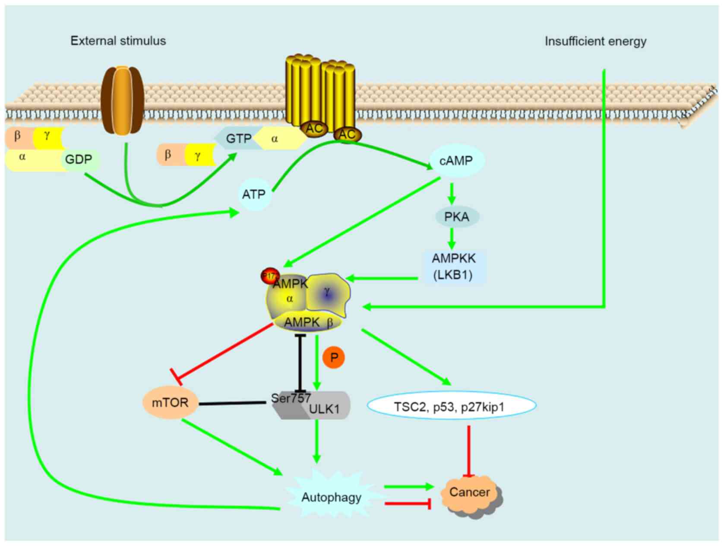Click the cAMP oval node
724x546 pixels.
pyautogui.click(x=456, y=161)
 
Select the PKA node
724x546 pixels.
pyautogui.click(x=456, y=217)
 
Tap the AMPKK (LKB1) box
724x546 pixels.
pyautogui.click(x=454, y=267)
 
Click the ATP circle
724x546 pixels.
pyautogui.click(x=254, y=194)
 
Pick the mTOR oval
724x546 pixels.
pyautogui.click(x=170, y=403)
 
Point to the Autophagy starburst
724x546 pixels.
pyautogui.click(x=331, y=498)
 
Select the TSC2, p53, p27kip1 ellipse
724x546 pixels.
pyautogui.click(x=451, y=406)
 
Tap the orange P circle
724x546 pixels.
pyautogui.click(x=334, y=358)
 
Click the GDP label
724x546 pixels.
pyautogui.click(x=79, y=159)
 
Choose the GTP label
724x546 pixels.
pyautogui.click(x=238, y=139)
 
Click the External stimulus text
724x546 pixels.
pyautogui.click(x=118, y=41)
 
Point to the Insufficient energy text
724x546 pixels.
pyautogui.click(x=595, y=41)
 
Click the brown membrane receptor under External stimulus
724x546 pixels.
pyautogui.click(x=122, y=101)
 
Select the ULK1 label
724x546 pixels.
pyautogui.click(x=325, y=409)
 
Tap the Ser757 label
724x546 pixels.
pyautogui.click(x=291, y=398)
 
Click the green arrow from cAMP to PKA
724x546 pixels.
pyautogui.click(x=452, y=194)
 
